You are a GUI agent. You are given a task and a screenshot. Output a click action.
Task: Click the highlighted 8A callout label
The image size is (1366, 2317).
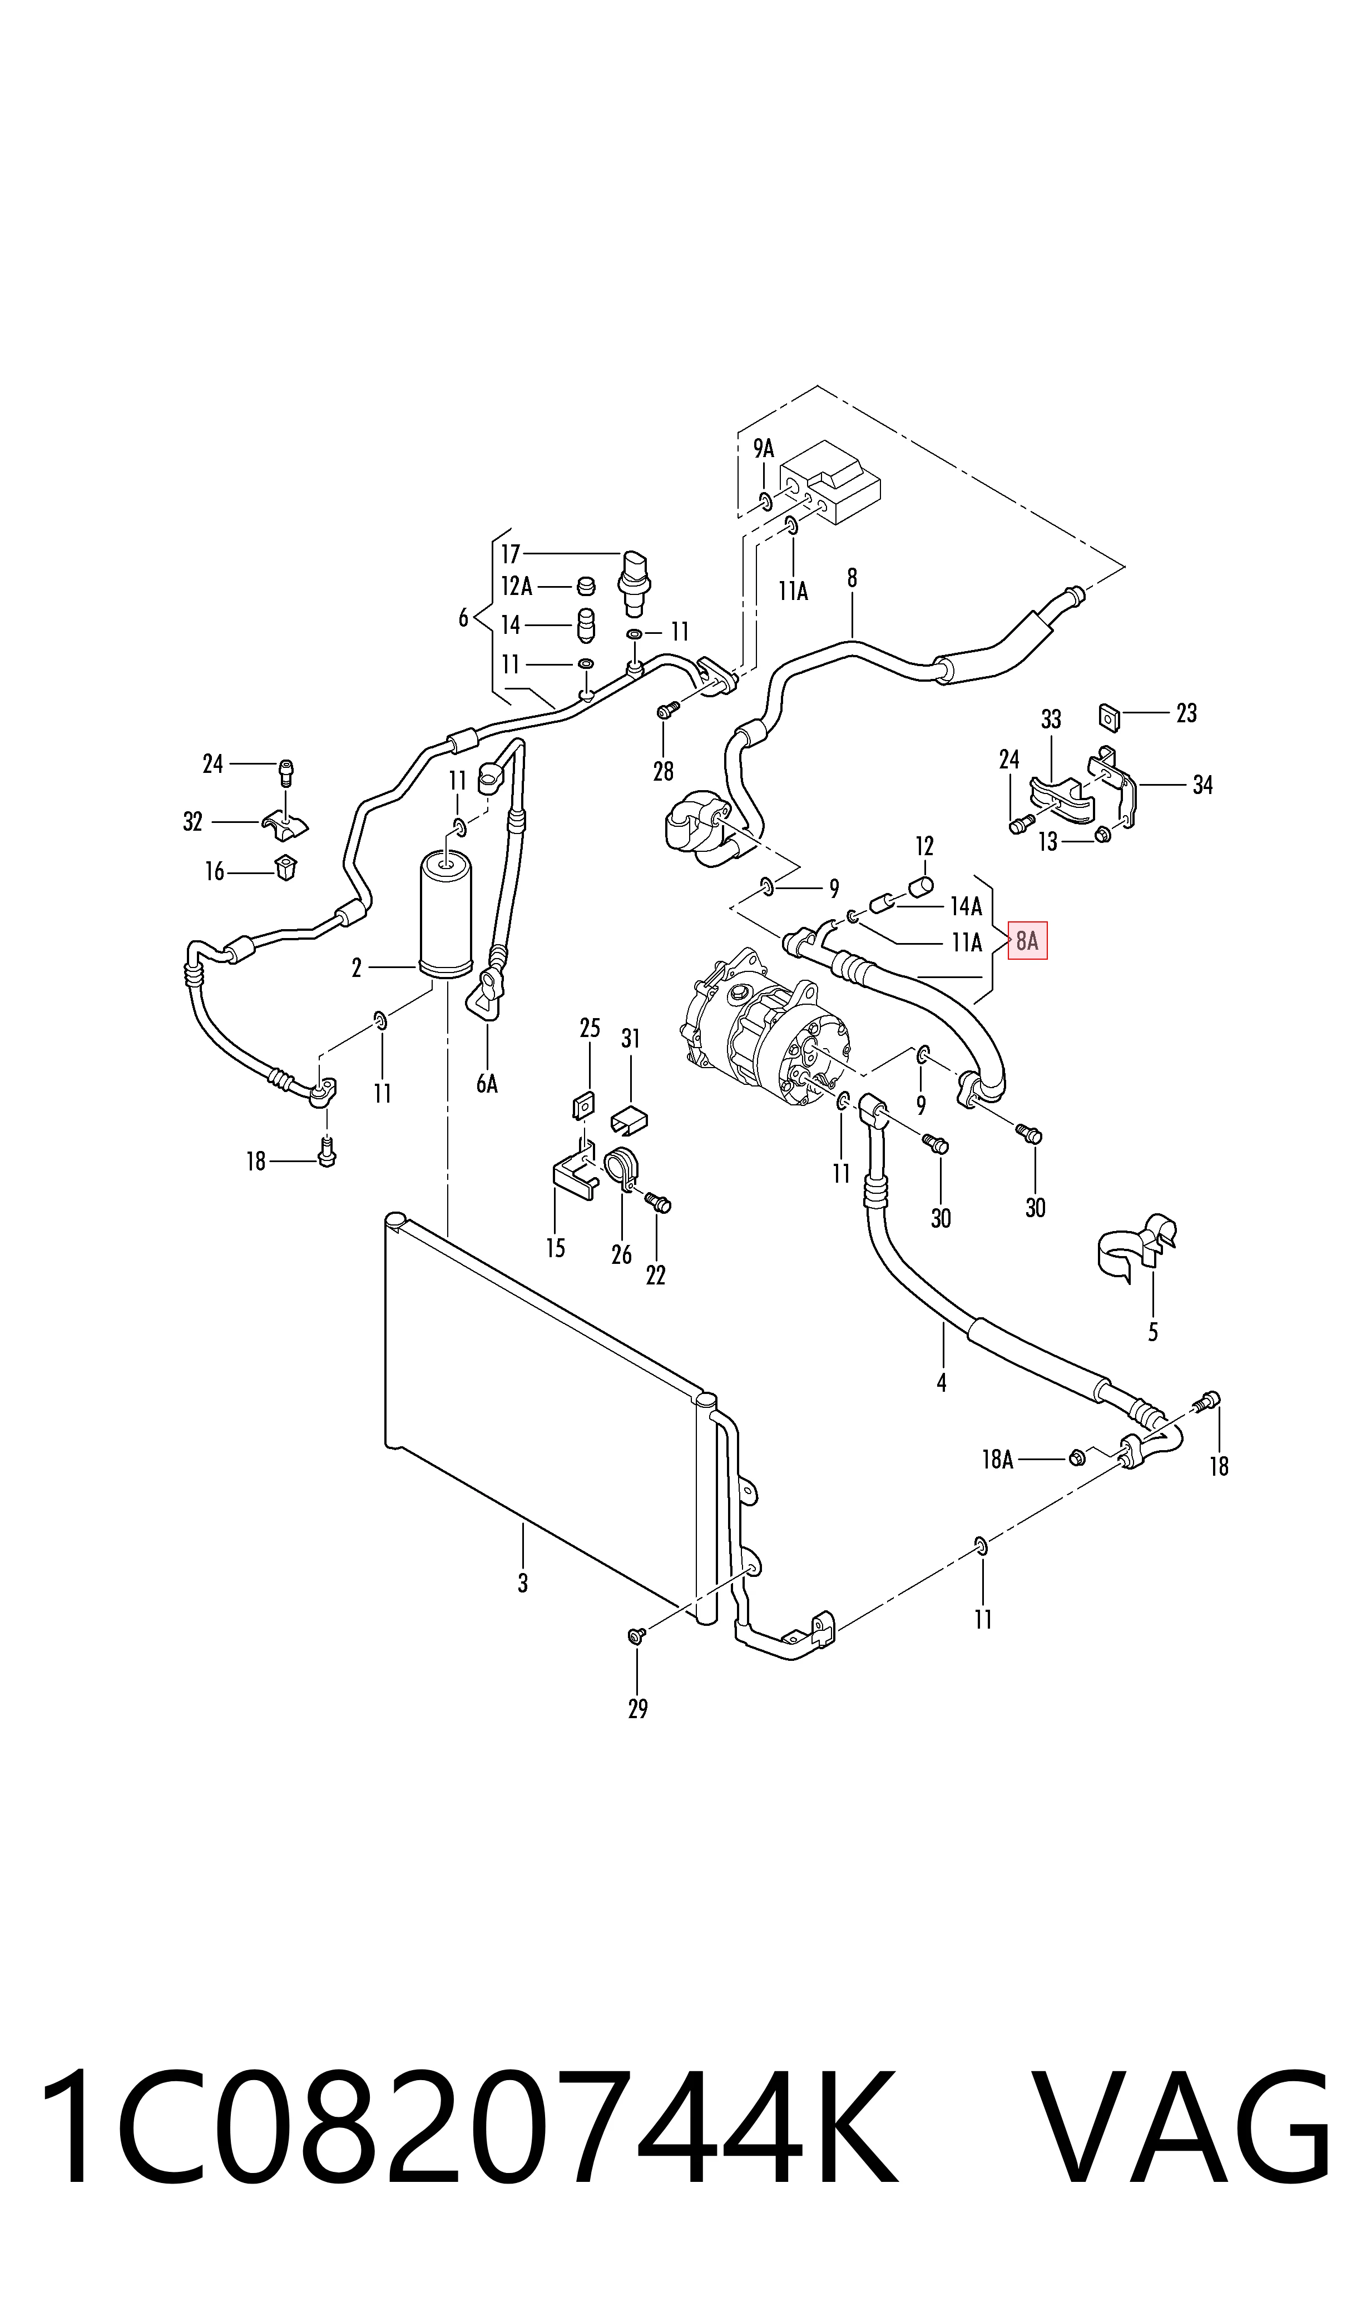coord(1027,940)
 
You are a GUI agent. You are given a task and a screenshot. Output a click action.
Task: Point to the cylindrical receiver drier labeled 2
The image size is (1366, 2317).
coord(446,916)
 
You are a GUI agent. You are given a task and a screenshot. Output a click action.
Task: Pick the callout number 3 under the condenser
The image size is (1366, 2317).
coord(523,1582)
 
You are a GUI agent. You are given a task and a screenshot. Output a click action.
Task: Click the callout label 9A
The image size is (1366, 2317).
coord(764,448)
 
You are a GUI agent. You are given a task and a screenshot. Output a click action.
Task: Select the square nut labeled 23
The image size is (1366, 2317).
coord(1109,717)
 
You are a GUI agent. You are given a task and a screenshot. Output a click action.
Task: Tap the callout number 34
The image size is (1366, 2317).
coord(1202,785)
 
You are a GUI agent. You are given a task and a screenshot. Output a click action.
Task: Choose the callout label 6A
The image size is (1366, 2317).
coord(487,1084)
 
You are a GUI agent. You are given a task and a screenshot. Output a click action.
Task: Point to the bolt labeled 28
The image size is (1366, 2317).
coord(669,710)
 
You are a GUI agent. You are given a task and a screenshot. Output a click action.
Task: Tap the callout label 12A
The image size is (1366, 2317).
coord(516,586)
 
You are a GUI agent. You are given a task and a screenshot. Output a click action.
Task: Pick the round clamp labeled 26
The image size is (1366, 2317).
coord(622,1169)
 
